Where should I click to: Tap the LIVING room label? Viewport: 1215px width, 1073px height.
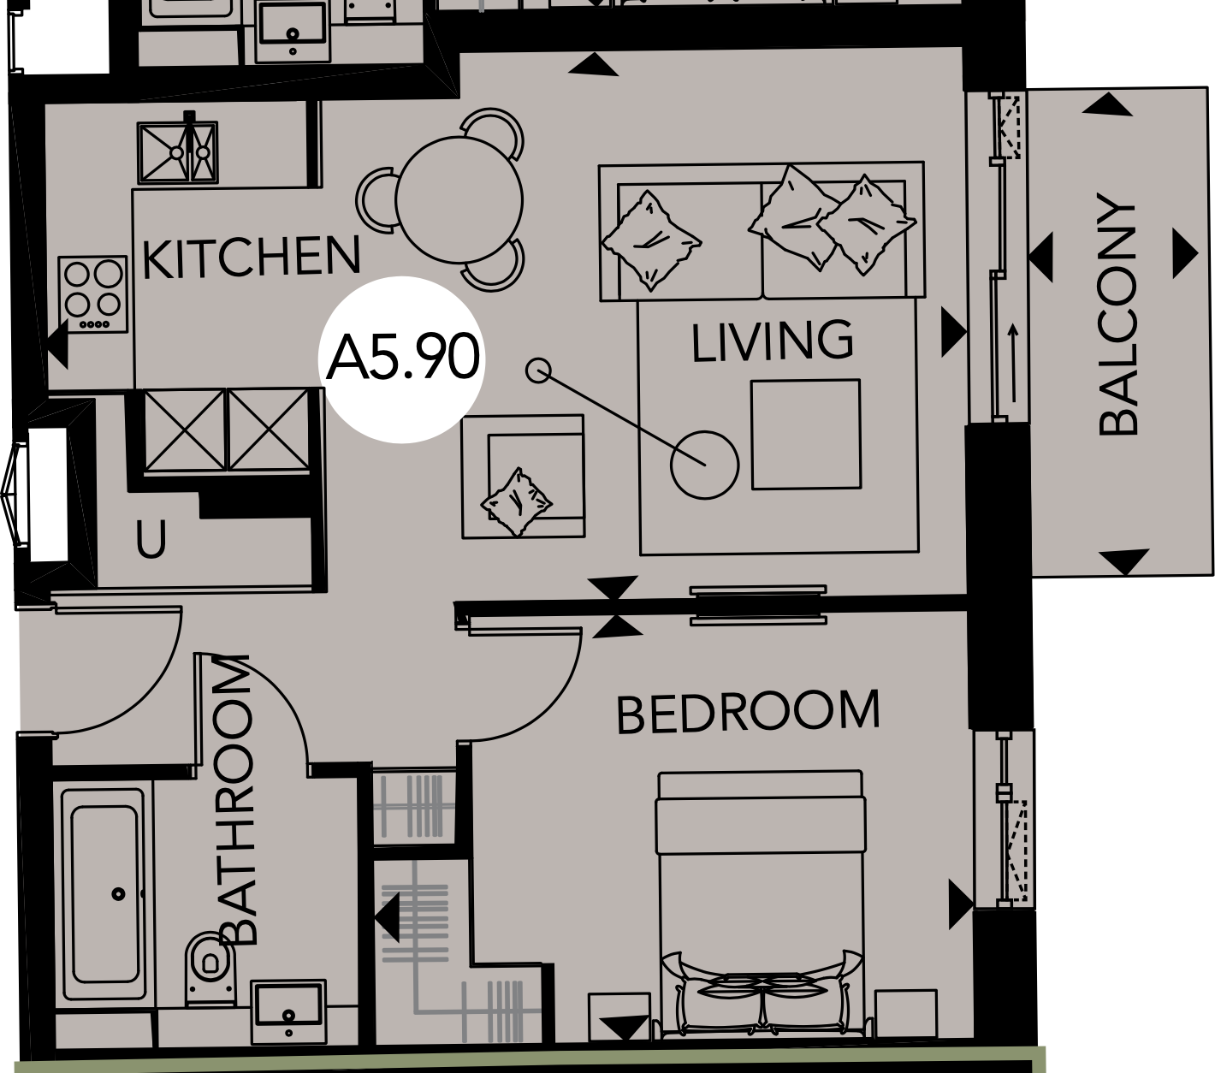[772, 341]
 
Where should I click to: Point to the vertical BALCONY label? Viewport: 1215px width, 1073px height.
[1118, 315]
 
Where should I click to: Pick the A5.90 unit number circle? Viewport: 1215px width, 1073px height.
[402, 359]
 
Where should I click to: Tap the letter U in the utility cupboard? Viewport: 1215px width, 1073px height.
[151, 540]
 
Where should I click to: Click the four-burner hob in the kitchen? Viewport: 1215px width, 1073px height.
[93, 293]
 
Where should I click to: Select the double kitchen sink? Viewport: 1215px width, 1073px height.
[177, 152]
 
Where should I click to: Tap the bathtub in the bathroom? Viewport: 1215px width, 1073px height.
[104, 894]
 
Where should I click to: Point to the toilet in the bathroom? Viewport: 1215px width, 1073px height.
[206, 967]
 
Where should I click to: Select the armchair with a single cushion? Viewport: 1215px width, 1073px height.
[523, 477]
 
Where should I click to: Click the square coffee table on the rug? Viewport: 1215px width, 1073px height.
[805, 434]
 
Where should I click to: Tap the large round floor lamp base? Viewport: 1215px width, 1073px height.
[704, 465]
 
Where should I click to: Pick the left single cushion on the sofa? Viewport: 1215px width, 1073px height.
[650, 239]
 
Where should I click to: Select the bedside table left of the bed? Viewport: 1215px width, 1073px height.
[619, 1018]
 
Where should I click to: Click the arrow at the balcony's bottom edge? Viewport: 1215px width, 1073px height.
[1123, 562]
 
